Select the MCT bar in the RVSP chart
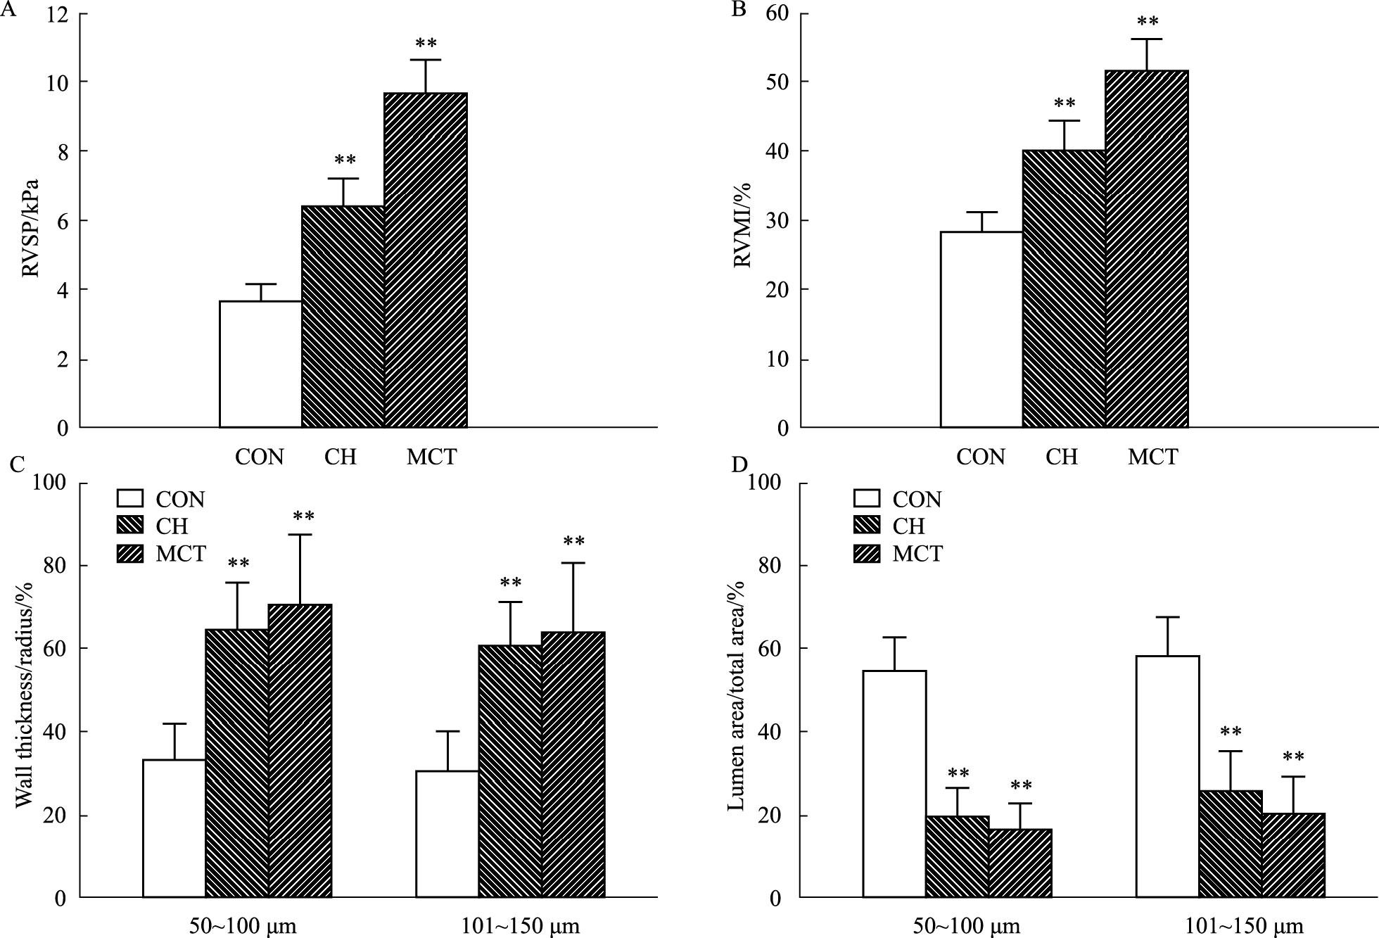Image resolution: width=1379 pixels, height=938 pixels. click(x=426, y=260)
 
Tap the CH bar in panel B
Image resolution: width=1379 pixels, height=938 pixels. click(x=1064, y=289)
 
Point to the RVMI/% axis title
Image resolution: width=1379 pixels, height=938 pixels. click(x=743, y=225)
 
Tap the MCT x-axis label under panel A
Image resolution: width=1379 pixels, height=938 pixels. click(x=431, y=457)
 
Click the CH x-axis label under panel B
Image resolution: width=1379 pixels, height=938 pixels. click(x=1062, y=457)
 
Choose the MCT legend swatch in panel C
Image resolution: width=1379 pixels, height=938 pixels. click(x=129, y=554)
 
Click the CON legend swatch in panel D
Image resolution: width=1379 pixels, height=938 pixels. click(x=867, y=499)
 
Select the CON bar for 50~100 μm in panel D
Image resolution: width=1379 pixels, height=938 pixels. click(x=895, y=784)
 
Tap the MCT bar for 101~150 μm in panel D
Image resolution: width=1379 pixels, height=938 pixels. click(x=1294, y=855)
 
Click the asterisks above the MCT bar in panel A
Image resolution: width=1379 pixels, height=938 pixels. click(x=426, y=44)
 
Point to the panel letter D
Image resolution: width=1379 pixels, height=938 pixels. click(x=739, y=465)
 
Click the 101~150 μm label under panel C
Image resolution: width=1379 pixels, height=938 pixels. click(x=521, y=926)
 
